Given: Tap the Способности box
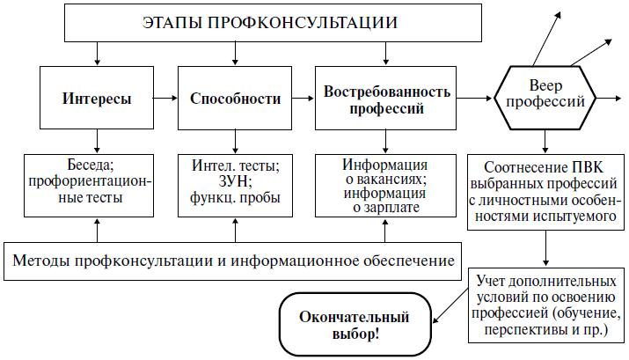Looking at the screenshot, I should point(235,99).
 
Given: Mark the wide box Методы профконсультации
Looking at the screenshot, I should point(233,261).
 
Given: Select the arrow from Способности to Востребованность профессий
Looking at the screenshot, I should point(305,99).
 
